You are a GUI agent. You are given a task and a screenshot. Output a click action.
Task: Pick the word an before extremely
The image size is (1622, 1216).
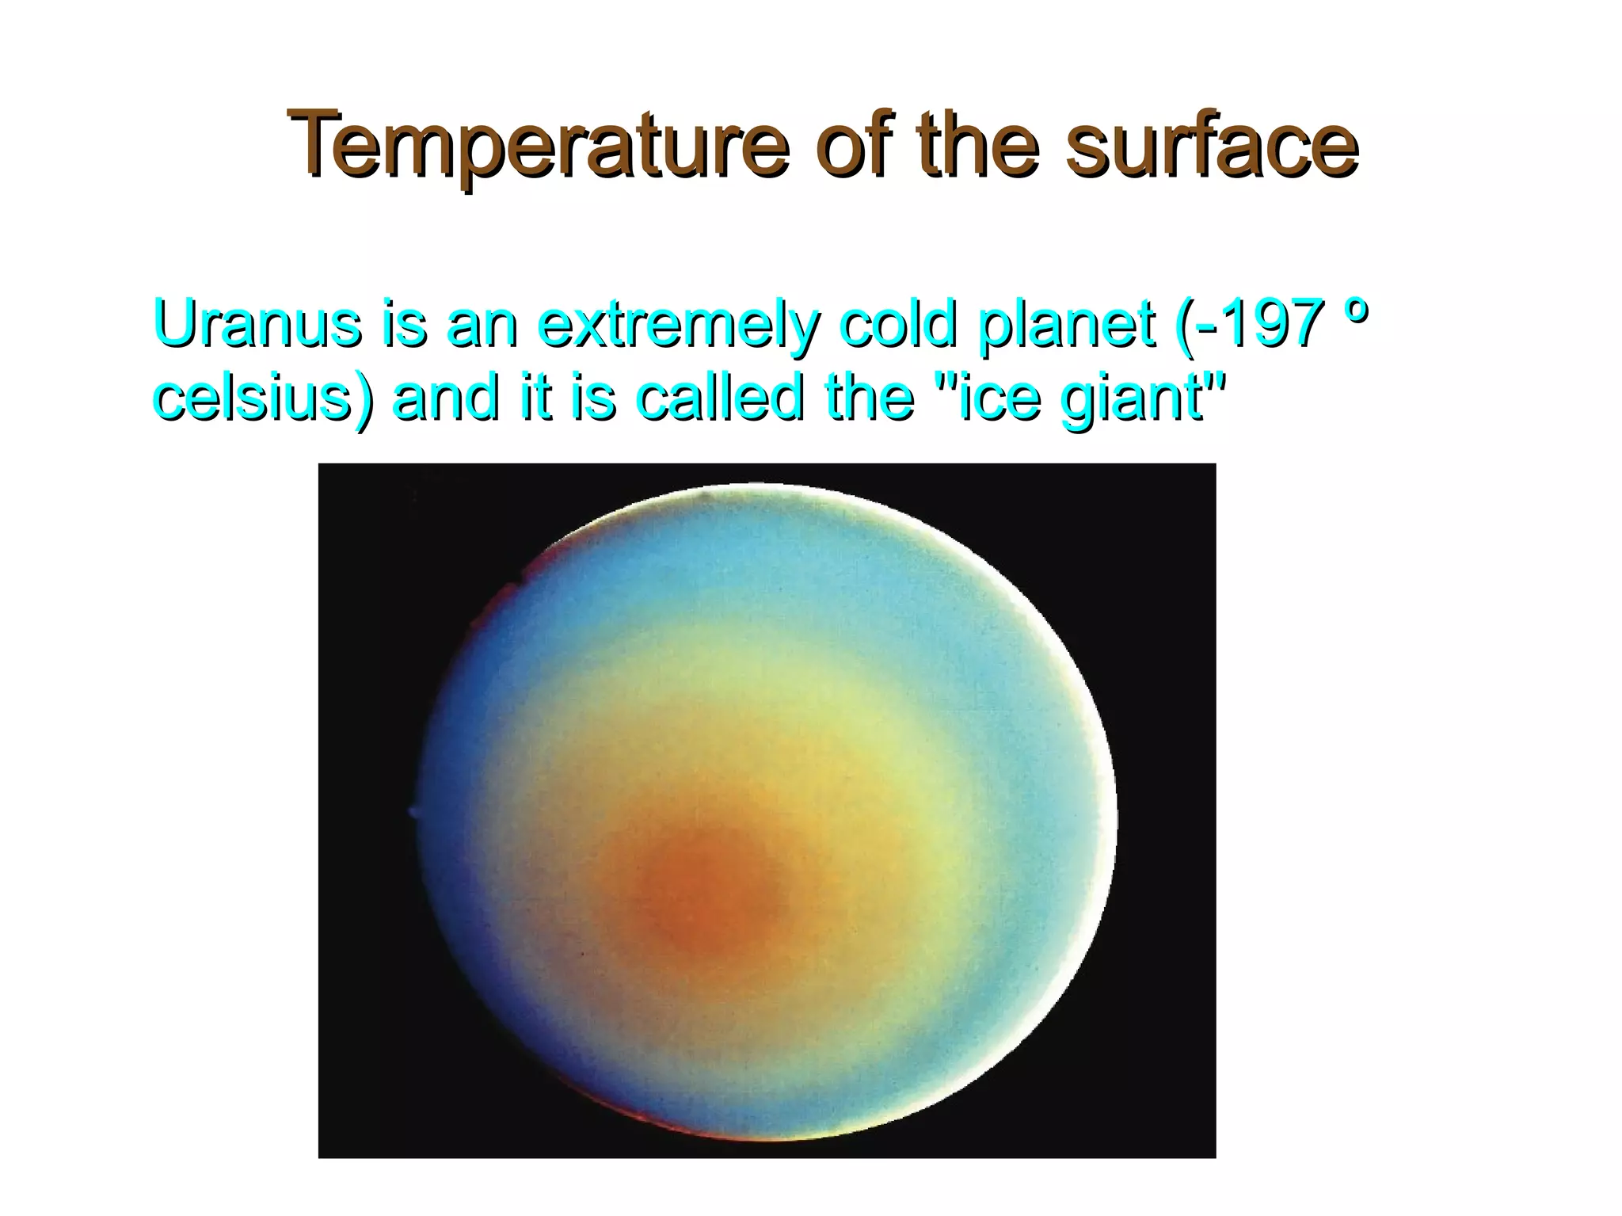coord(482,325)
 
